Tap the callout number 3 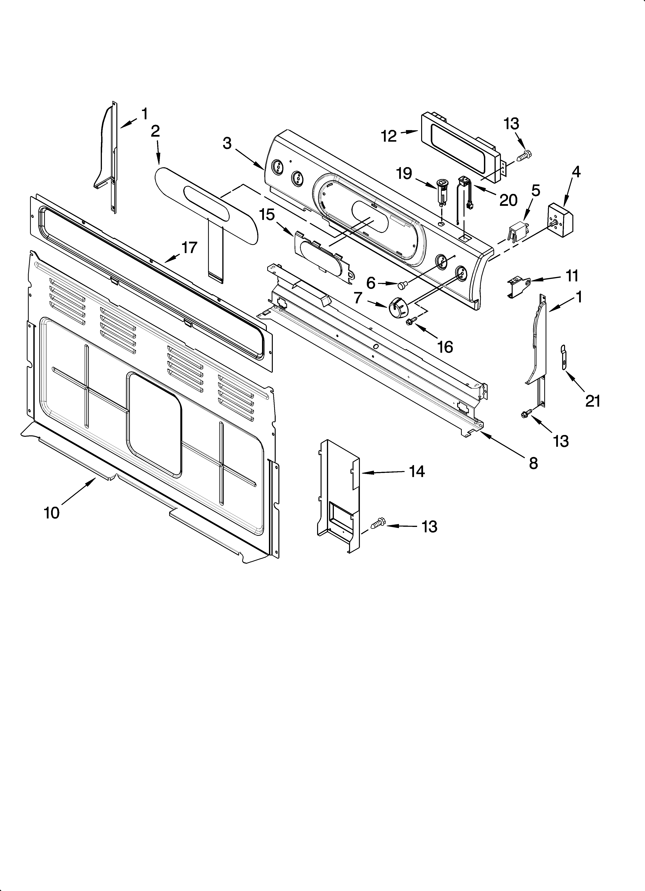227,143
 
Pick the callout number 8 533,464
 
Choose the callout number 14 417,471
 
